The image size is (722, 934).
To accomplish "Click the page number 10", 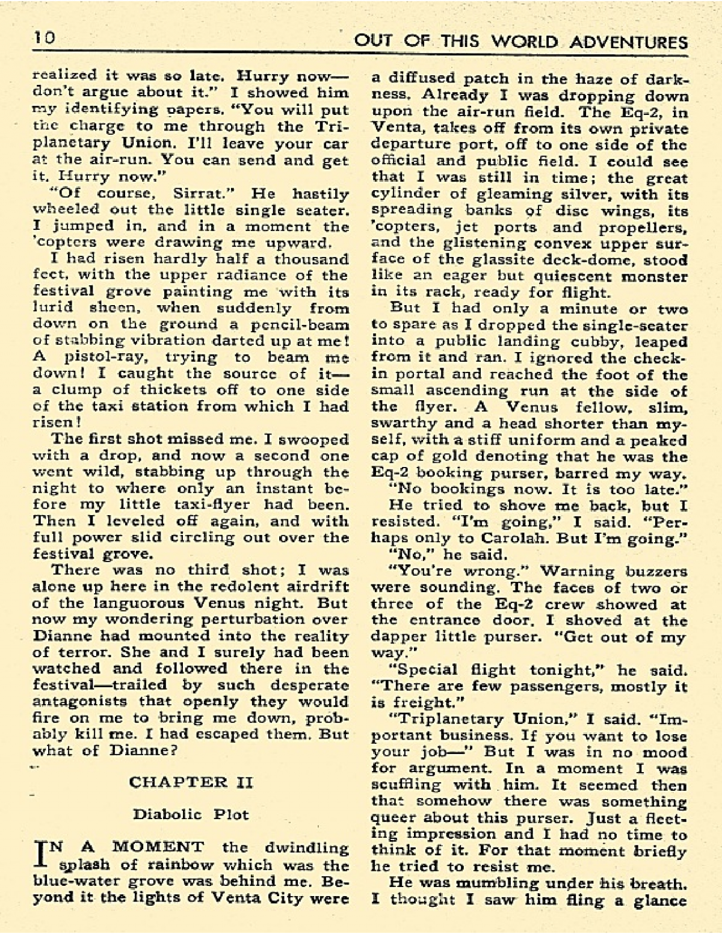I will [44, 39].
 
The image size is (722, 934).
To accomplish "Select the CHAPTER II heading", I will [191, 782].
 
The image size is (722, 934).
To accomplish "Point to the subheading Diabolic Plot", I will [191, 814].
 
